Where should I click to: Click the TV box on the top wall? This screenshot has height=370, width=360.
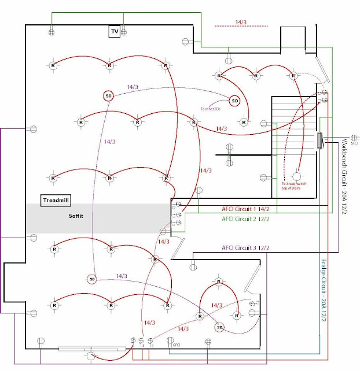click(115, 32)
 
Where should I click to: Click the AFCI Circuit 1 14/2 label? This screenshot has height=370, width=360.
click(245, 209)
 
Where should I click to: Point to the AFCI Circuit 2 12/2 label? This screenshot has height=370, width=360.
click(245, 219)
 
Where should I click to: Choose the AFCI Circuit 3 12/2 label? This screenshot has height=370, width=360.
click(245, 248)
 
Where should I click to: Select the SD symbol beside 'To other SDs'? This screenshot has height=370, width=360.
click(234, 101)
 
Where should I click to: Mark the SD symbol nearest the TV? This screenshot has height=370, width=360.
click(108, 96)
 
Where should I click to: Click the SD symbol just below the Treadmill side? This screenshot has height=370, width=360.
click(91, 279)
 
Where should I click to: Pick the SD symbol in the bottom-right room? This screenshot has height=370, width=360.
click(219, 327)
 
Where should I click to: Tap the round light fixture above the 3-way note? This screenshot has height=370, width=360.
click(297, 176)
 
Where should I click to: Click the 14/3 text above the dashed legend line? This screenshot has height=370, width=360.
click(241, 22)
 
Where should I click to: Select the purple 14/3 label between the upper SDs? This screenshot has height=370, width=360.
click(133, 87)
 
